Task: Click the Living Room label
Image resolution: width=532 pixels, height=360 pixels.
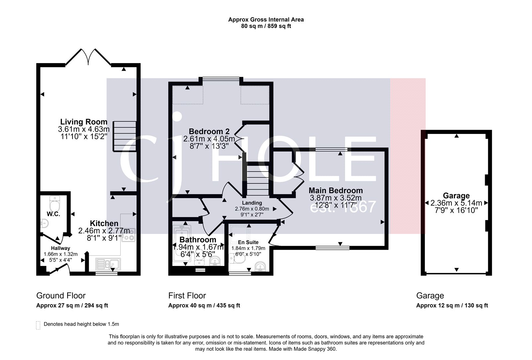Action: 83,122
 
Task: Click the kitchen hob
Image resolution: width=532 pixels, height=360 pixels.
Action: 128,234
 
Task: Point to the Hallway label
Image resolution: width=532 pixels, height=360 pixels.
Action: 60,248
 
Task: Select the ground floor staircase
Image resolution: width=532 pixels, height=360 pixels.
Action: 125,136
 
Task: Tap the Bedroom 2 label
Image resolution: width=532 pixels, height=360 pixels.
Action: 209,131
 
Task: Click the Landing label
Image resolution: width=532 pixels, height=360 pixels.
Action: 252,203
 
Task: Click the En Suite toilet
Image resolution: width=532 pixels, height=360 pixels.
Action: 235,260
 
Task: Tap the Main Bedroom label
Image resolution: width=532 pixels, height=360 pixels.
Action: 335,190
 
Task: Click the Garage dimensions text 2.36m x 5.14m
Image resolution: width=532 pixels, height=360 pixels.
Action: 456,203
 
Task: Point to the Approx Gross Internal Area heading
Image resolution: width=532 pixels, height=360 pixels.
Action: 266,20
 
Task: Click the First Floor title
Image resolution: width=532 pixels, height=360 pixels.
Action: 187,296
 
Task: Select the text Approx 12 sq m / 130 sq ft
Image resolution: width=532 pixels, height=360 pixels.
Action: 452,305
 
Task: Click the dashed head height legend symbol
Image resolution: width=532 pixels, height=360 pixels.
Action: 38,325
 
